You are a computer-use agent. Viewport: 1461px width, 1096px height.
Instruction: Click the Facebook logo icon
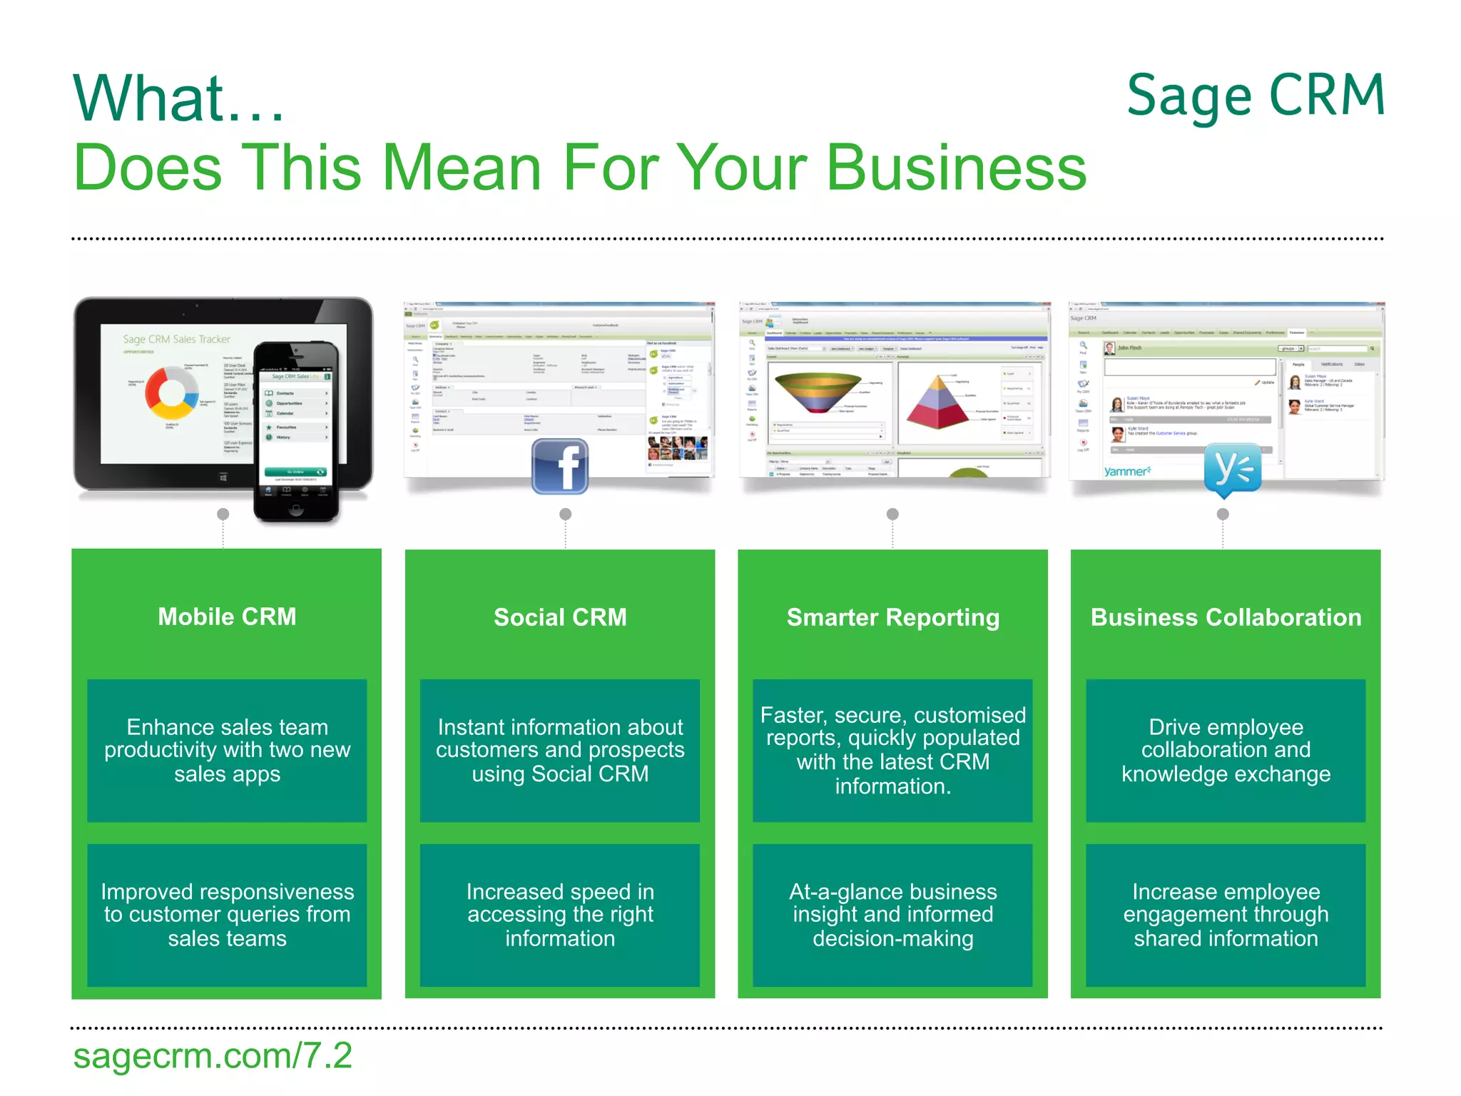[560, 466]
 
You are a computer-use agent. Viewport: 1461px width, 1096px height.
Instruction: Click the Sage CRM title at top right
[1255, 96]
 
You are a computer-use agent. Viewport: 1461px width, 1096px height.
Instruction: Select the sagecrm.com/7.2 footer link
[213, 1055]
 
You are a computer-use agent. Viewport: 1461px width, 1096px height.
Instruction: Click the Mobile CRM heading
[227, 616]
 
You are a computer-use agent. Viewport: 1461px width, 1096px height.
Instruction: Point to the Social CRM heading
[560, 617]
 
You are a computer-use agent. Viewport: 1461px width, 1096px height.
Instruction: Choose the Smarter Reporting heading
[892, 617]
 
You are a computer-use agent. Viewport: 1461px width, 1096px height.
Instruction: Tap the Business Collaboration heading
[1226, 617]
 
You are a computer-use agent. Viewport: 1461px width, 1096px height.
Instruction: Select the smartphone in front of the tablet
[296, 432]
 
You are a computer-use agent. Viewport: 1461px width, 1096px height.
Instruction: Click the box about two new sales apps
[227, 750]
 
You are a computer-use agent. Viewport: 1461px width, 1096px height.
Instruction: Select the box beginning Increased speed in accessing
[560, 915]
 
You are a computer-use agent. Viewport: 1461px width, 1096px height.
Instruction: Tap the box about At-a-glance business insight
[892, 915]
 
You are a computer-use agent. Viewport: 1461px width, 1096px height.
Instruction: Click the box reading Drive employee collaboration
[1226, 750]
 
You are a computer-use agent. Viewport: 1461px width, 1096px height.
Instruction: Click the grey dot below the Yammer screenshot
[1223, 514]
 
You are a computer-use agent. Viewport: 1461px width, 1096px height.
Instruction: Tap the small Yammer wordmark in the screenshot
[1127, 472]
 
